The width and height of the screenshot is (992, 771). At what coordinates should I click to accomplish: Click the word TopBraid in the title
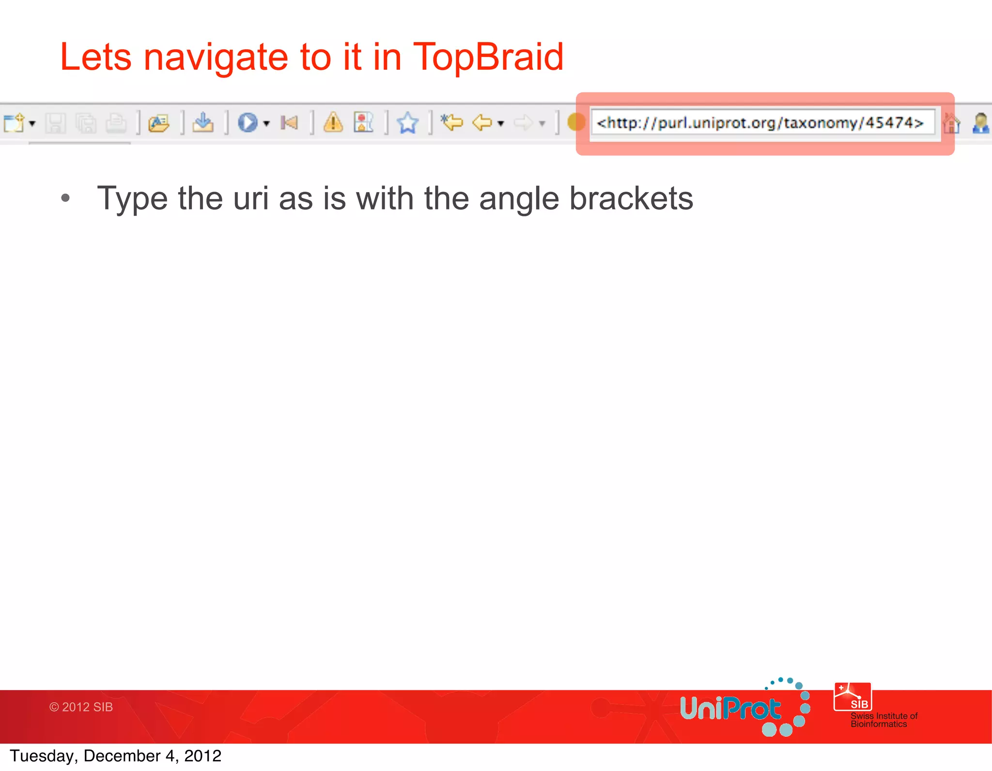coord(488,57)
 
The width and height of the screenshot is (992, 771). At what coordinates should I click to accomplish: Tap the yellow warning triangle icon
coord(333,122)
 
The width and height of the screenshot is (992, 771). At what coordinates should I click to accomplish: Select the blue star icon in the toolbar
coord(407,122)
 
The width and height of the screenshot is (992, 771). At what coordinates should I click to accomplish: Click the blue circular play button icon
coord(248,122)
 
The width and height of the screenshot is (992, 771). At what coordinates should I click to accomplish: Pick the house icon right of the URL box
coord(951,123)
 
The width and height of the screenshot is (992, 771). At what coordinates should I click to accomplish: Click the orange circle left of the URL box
coord(575,122)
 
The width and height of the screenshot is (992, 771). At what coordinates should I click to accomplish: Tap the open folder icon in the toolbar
coord(159,123)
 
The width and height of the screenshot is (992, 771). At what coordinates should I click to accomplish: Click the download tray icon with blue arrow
coord(202,122)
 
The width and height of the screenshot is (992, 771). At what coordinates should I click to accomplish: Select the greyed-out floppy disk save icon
coord(55,123)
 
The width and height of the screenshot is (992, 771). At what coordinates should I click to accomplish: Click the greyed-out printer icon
coord(116,123)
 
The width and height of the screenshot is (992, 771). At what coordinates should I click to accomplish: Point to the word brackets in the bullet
coord(631,198)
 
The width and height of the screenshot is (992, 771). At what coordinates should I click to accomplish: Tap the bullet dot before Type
coord(66,198)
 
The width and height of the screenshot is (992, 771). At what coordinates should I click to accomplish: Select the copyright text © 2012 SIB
coord(81,707)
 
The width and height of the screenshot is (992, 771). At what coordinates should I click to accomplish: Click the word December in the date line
coord(122,756)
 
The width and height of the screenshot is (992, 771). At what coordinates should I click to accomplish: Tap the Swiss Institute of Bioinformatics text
coord(883,720)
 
